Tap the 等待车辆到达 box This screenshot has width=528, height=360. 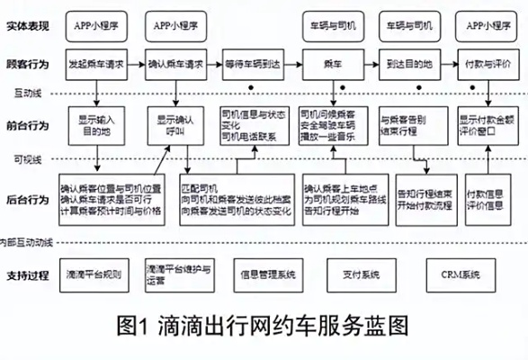click(x=254, y=66)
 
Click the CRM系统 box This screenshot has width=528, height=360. click(x=460, y=273)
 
